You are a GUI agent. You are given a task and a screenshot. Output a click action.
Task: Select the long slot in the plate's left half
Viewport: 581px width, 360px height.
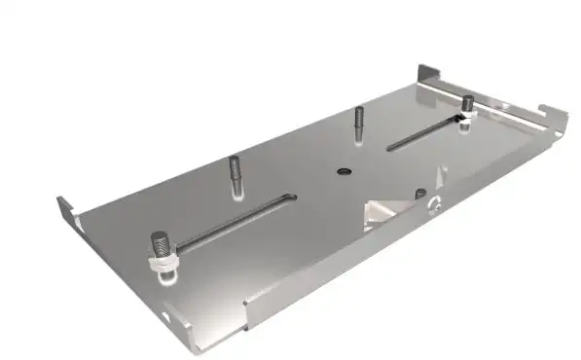tap(234, 220)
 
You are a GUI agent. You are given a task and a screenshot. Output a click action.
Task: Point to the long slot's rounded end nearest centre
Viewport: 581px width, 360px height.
tap(290, 198)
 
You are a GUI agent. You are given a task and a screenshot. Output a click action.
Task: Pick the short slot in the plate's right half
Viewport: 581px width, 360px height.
tap(424, 133)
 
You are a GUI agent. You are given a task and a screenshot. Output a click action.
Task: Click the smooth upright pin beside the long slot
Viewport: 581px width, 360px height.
tap(235, 175)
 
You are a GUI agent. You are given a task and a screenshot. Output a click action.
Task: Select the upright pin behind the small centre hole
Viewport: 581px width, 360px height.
tap(358, 122)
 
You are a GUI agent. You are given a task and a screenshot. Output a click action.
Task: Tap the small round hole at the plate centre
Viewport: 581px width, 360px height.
tap(343, 170)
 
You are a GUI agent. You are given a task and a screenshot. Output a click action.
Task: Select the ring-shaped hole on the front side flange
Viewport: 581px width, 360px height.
tap(434, 204)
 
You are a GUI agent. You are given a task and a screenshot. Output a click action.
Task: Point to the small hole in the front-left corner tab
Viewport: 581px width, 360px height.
tap(171, 316)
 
